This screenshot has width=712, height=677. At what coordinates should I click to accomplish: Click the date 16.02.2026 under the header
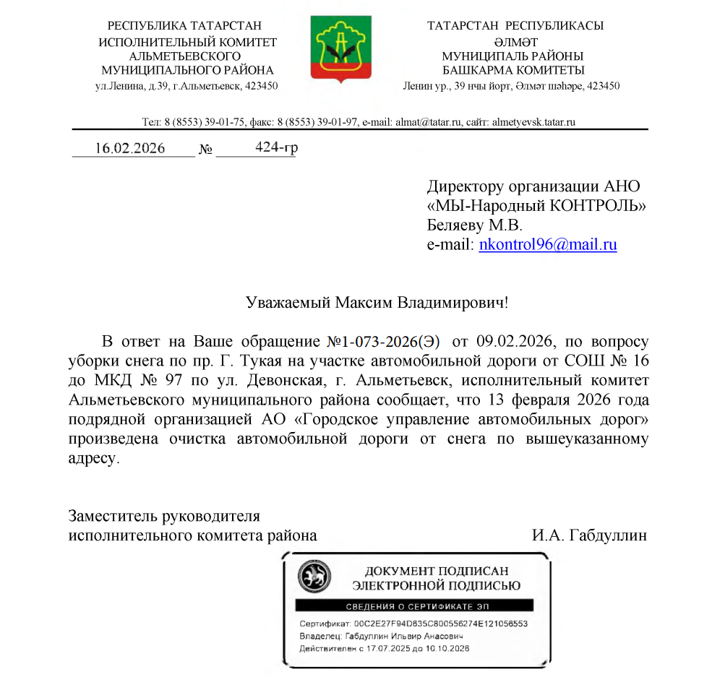click(x=130, y=149)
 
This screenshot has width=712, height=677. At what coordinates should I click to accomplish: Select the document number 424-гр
click(x=277, y=148)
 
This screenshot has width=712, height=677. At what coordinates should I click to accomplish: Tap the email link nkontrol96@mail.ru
click(x=548, y=244)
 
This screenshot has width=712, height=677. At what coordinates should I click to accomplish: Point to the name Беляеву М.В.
click(x=473, y=225)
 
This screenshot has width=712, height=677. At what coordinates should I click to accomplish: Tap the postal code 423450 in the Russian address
click(x=263, y=85)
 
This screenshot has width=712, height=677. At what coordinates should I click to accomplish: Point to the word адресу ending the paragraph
click(x=92, y=458)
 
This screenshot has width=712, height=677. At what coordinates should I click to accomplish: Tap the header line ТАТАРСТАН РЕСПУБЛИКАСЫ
click(x=515, y=26)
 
